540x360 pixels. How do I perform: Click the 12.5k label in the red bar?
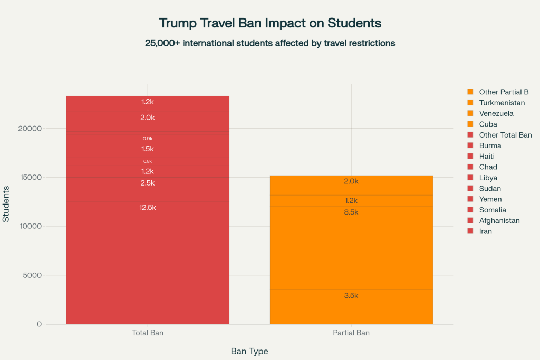(x=148, y=208)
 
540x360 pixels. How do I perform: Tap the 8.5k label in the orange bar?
(x=351, y=212)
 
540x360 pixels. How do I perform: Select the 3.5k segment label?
(x=351, y=296)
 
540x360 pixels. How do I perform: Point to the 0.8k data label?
(x=148, y=161)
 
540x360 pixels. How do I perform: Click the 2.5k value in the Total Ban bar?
(x=148, y=183)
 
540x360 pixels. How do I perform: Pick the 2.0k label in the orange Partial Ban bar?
(x=351, y=181)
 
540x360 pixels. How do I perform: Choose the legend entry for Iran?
(x=485, y=231)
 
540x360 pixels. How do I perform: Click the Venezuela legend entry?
(x=496, y=113)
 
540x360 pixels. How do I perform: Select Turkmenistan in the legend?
(x=502, y=103)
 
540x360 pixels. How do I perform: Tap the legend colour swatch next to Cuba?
(x=470, y=124)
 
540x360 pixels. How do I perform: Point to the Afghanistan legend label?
(x=499, y=220)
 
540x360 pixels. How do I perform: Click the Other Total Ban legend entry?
(x=505, y=135)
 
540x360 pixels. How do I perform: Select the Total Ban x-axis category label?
(x=148, y=333)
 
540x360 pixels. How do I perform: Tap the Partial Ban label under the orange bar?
(x=351, y=333)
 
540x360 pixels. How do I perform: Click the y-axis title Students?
(x=6, y=204)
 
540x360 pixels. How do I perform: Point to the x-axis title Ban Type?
(x=249, y=351)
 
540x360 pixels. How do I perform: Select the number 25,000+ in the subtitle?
(x=162, y=43)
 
